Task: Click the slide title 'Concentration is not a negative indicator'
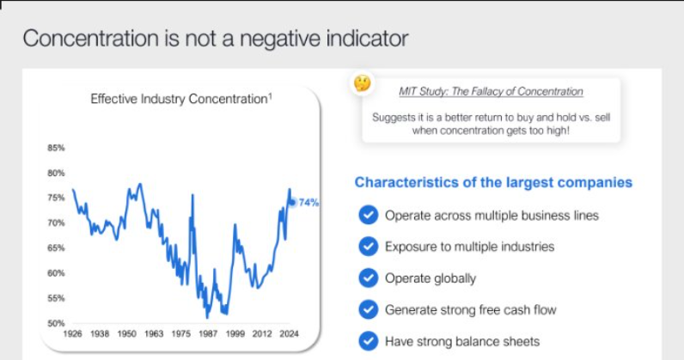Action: click(x=214, y=39)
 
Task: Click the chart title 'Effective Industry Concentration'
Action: click(x=179, y=100)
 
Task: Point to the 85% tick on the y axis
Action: click(x=56, y=148)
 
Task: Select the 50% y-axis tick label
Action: click(x=56, y=323)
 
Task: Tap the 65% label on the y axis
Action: click(x=56, y=248)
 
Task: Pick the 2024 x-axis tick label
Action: click(x=290, y=333)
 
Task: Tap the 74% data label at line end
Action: click(x=308, y=203)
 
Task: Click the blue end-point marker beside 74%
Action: click(x=292, y=202)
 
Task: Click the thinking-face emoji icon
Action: click(x=363, y=83)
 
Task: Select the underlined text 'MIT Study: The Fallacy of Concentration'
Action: click(x=492, y=92)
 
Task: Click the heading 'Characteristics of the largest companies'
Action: click(x=493, y=182)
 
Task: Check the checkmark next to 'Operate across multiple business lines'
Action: click(x=368, y=216)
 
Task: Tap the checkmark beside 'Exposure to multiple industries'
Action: click(x=368, y=247)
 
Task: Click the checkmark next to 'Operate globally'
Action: click(x=368, y=278)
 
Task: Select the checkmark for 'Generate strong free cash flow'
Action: click(x=368, y=309)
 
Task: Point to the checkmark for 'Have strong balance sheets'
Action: click(x=368, y=341)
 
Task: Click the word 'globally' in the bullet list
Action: click(x=455, y=278)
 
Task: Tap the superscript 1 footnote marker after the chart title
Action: click(x=270, y=96)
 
